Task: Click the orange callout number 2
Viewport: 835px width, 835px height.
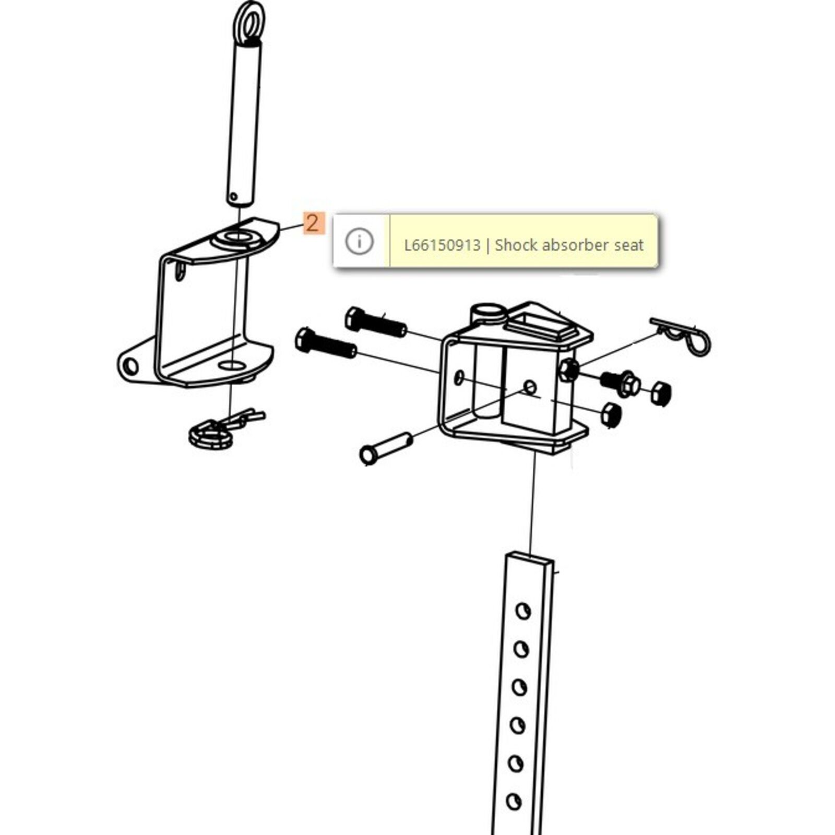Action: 313,223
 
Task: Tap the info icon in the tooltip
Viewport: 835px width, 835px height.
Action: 360,242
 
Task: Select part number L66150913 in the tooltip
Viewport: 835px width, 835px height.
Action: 442,245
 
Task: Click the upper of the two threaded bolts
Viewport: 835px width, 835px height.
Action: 376,322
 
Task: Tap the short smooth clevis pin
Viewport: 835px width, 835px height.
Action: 387,448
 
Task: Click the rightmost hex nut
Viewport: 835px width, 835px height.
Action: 661,393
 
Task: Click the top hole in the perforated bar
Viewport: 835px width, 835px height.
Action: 522,611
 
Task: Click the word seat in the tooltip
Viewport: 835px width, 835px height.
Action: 629,245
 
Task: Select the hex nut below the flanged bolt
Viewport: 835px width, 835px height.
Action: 611,415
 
